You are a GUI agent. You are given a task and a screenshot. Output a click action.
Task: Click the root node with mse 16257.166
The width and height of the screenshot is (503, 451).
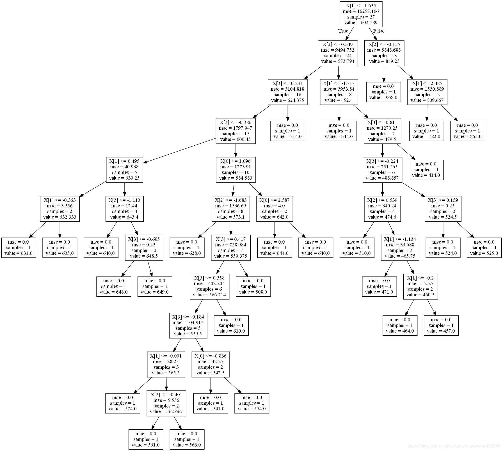click(361, 14)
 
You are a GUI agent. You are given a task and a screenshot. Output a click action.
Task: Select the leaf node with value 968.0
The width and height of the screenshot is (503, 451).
click(383, 92)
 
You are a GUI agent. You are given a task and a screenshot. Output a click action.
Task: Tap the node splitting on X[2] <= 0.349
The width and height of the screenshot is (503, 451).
click(338, 53)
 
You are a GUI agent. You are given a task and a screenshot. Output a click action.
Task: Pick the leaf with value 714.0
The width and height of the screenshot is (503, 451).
click(287, 131)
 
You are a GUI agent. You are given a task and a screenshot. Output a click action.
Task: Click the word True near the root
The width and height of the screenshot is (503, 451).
click(343, 31)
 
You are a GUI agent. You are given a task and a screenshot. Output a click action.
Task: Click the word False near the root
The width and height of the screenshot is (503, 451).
click(379, 31)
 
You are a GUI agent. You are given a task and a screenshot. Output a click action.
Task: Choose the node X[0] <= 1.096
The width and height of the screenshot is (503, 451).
click(236, 170)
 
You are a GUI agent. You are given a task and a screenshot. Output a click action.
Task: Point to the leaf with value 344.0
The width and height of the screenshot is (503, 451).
click(339, 131)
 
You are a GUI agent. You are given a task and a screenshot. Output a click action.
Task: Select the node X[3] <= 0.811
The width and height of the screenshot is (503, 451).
click(382, 131)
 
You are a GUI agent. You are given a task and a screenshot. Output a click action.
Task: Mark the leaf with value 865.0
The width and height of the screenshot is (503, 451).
click(468, 131)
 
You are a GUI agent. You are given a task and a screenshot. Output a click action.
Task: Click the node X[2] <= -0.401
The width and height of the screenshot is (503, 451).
click(166, 403)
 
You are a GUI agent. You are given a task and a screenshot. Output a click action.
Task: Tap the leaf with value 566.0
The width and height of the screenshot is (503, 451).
click(187, 439)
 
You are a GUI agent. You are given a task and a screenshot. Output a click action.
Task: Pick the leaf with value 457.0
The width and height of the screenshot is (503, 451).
click(441, 325)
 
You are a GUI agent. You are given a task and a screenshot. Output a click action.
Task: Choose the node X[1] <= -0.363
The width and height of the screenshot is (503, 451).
click(60, 209)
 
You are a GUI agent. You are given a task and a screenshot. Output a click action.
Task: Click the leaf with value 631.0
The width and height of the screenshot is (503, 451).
click(19, 248)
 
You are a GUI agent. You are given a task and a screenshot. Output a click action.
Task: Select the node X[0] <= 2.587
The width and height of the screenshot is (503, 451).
click(275, 209)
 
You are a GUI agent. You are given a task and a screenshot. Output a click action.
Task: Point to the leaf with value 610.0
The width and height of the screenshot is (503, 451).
click(231, 325)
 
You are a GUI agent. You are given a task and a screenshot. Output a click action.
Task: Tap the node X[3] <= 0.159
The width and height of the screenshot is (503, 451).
click(443, 209)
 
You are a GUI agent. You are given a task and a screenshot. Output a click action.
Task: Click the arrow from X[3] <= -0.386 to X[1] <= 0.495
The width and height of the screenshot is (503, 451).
click(181, 150)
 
